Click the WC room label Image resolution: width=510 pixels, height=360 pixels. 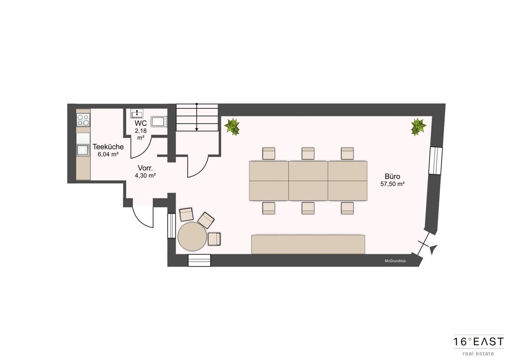click(x=141, y=123)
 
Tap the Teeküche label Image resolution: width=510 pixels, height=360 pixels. click(x=108, y=147)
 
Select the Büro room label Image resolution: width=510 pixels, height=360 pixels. click(x=392, y=176)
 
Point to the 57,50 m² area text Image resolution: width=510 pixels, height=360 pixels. click(x=392, y=184)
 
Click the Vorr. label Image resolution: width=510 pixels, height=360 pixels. click(x=145, y=168)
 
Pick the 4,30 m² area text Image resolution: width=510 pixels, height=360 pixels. click(x=145, y=176)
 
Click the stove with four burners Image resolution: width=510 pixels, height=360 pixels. click(x=83, y=120)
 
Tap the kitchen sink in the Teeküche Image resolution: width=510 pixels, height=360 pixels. click(x=83, y=150)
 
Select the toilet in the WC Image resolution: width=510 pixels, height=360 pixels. click(x=160, y=122)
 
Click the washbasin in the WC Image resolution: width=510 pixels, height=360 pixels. click(x=137, y=113)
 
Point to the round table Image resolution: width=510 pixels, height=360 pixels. click(x=192, y=236)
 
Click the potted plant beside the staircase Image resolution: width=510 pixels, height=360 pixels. click(x=232, y=126)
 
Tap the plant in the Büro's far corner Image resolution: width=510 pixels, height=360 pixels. click(x=419, y=127)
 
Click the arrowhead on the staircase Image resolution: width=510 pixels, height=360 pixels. click(x=197, y=130)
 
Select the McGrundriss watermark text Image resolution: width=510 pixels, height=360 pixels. click(x=395, y=261)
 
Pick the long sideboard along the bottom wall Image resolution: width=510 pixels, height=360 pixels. click(x=308, y=244)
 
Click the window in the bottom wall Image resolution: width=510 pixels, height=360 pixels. click(x=199, y=261)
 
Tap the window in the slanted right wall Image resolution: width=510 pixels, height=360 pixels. click(x=435, y=161)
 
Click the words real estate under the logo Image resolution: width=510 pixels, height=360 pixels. click(x=478, y=353)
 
